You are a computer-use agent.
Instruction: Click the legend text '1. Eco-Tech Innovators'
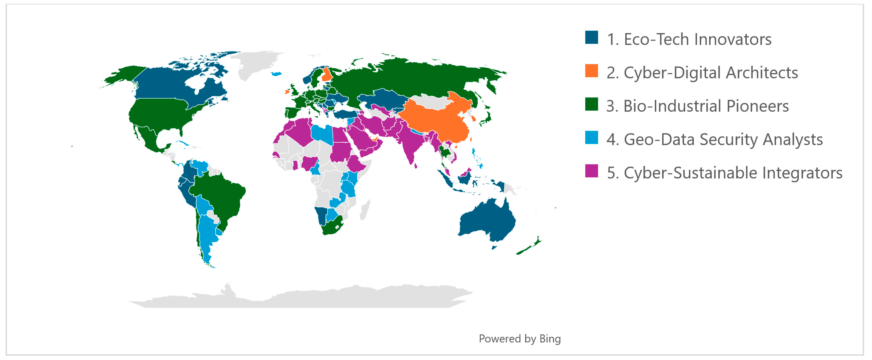689,39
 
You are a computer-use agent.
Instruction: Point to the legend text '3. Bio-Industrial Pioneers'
697,106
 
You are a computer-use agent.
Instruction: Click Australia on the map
487,220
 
